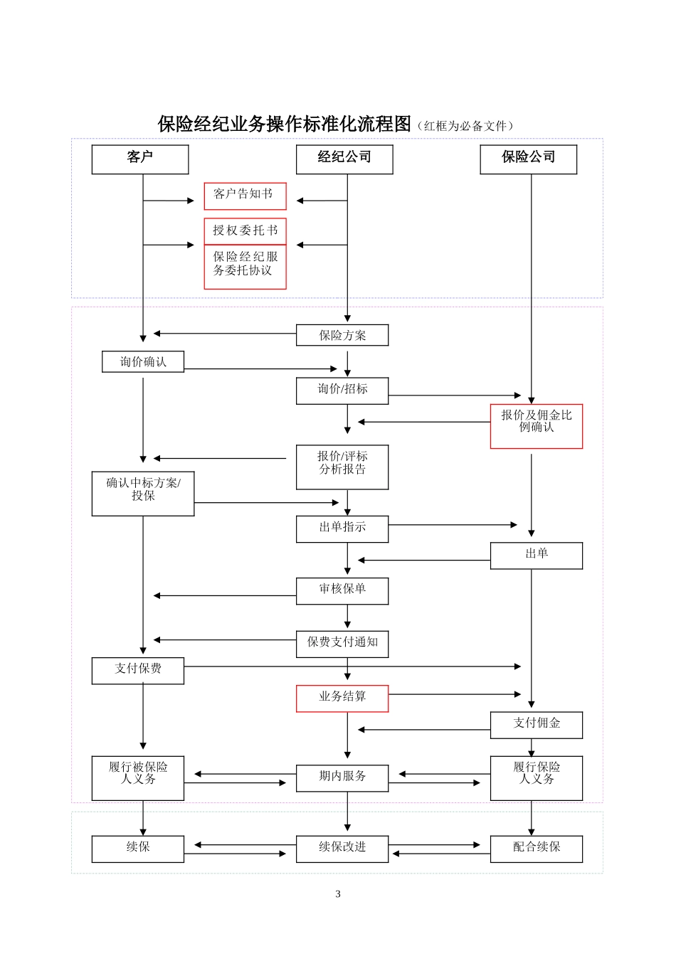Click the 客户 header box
pos(139,159)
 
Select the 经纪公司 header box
pos(344,159)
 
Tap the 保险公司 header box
pos(528,159)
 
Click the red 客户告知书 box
pos(245,196)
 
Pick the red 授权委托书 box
pos(245,230)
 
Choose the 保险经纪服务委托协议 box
pos(245,267)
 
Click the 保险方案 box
pos(342,335)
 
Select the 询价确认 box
pos(143,361)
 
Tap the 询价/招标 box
pos(342,391)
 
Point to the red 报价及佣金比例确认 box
pos(536,426)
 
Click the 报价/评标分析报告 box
pos(342,467)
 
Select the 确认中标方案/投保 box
pos(143,494)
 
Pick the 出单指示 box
pos(342,529)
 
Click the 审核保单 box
pos(342,591)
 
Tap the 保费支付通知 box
pos(342,644)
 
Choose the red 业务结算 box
pos(342,699)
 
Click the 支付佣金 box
pos(536,725)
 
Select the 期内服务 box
pos(342,778)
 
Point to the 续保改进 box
pos(342,849)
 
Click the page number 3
pos(338,894)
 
